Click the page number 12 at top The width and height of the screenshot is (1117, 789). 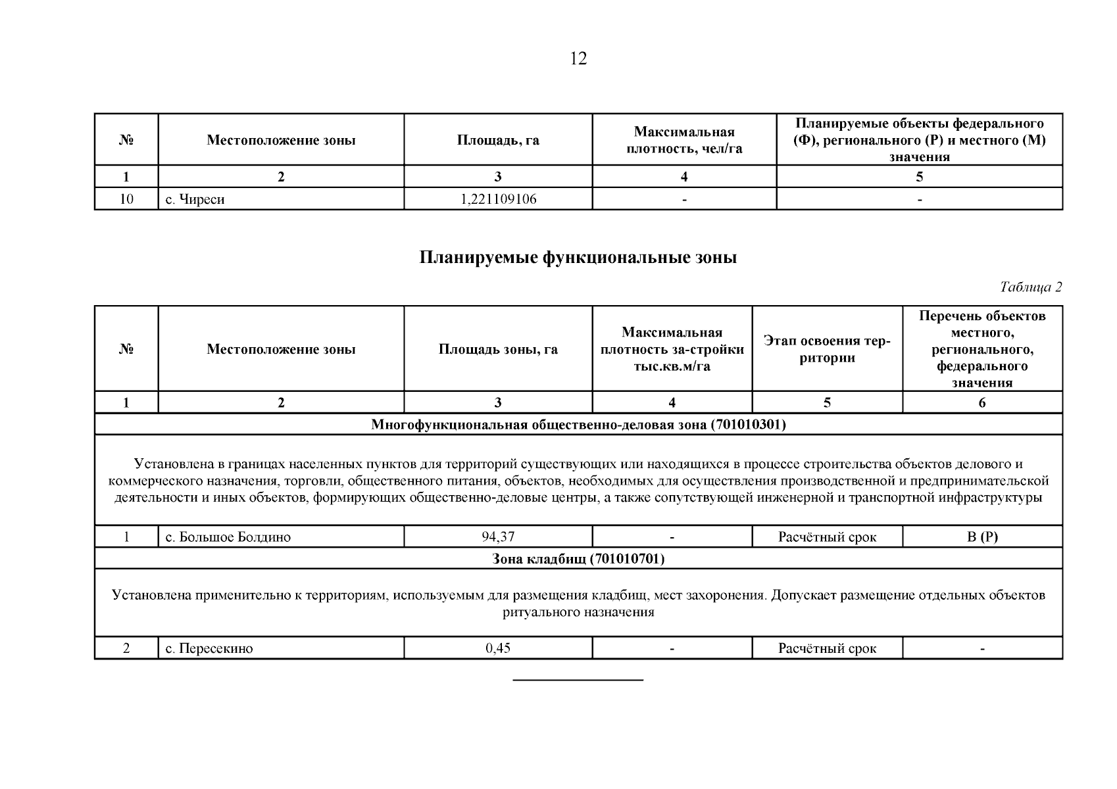pyautogui.click(x=578, y=59)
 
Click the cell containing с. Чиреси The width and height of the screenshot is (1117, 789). pyautogui.click(x=195, y=199)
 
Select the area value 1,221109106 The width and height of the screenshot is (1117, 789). pyautogui.click(x=498, y=199)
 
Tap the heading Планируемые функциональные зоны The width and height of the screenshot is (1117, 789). pyautogui.click(x=578, y=258)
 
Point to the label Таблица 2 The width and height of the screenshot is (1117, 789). pyautogui.click(x=1030, y=287)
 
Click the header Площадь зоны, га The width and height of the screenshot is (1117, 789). pyautogui.click(x=498, y=349)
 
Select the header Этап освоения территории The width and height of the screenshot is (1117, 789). pyautogui.click(x=827, y=349)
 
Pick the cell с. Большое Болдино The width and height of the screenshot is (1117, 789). pyautogui.click(x=228, y=537)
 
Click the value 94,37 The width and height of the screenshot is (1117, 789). pyautogui.click(x=498, y=537)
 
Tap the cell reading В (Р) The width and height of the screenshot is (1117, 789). pyautogui.click(x=982, y=537)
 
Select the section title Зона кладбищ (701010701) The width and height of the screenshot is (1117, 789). pyautogui.click(x=578, y=559)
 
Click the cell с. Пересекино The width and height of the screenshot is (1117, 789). pyautogui.click(x=209, y=649)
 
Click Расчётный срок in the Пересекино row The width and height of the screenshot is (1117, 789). pyautogui.click(x=827, y=649)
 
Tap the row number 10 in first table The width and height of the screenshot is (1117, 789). pyautogui.click(x=126, y=199)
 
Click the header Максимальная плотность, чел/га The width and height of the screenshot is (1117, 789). pyautogui.click(x=684, y=140)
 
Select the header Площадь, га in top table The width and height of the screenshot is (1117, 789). pyautogui.click(x=498, y=140)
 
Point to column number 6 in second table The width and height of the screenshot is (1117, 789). pyautogui.click(x=982, y=403)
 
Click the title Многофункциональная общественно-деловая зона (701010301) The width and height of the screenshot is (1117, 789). pyautogui.click(x=578, y=425)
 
